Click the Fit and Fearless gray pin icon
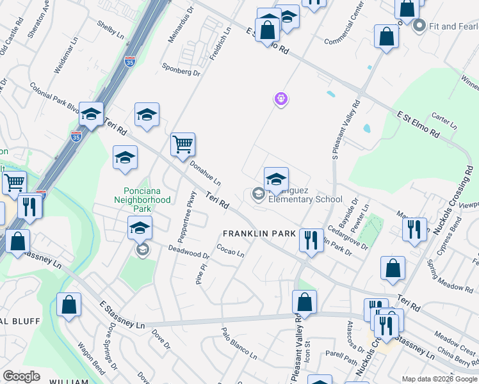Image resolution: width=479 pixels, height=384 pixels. click(x=420, y=26)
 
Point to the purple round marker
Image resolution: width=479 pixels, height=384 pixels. click(x=280, y=99)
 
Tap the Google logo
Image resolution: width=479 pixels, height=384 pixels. click(x=21, y=376)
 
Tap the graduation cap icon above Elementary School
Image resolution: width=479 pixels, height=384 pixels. click(x=276, y=179)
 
